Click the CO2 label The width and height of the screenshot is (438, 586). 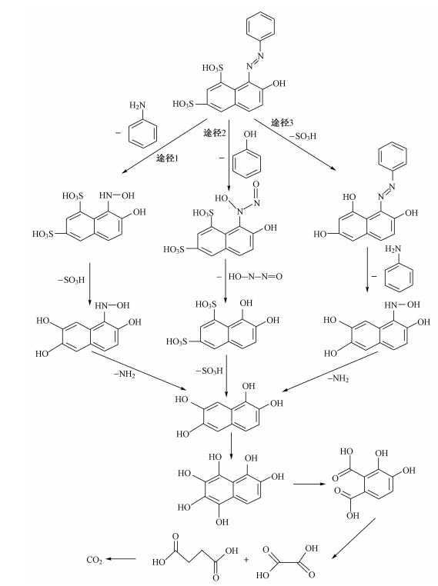pyautogui.click(x=94, y=559)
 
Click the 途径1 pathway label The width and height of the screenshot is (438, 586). pyautogui.click(x=167, y=158)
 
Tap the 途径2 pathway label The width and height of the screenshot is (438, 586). pyautogui.click(x=215, y=133)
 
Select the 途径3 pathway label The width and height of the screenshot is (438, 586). pyautogui.click(x=283, y=122)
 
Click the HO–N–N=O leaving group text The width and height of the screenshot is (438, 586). pyautogui.click(x=255, y=277)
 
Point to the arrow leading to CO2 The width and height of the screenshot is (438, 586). pyautogui.click(x=121, y=559)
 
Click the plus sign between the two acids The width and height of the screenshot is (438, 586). pyautogui.click(x=246, y=559)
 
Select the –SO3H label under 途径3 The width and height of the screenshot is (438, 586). pyautogui.click(x=303, y=136)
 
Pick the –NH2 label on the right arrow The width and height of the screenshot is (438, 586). pyautogui.click(x=338, y=378)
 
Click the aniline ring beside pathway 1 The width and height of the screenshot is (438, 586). pyautogui.click(x=143, y=134)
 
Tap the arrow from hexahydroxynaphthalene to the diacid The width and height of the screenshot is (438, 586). pyautogui.click(x=309, y=484)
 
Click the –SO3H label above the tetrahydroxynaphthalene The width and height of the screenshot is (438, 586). pyautogui.click(x=209, y=371)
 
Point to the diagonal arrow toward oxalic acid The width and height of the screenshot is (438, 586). pyautogui.click(x=353, y=538)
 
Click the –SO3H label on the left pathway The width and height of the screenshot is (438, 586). pyautogui.click(x=71, y=280)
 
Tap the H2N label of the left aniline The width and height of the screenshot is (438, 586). pyautogui.click(x=136, y=105)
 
